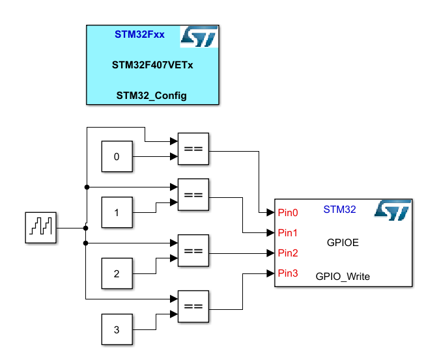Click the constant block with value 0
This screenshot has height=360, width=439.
(x=117, y=157)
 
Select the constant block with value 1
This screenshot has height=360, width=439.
(x=117, y=213)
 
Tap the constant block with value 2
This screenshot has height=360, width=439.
(x=117, y=273)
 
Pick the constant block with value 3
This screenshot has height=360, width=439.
(x=117, y=329)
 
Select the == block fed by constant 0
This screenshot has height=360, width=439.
(x=193, y=149)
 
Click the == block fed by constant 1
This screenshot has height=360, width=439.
(x=193, y=195)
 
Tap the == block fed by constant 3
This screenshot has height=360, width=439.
(x=193, y=307)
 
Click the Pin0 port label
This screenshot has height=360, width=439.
(x=288, y=212)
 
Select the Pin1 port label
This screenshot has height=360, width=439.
(x=288, y=232)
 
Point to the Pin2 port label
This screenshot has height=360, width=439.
(x=288, y=253)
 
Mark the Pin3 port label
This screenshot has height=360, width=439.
(x=288, y=273)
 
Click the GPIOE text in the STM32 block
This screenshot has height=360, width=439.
(x=343, y=243)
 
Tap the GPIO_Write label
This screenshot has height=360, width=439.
(x=343, y=276)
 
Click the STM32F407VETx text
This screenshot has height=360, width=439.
(x=152, y=65)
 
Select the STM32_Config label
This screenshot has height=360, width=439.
(x=152, y=96)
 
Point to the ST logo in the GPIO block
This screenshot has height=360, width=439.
(x=392, y=210)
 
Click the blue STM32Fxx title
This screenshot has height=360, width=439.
(x=139, y=35)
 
